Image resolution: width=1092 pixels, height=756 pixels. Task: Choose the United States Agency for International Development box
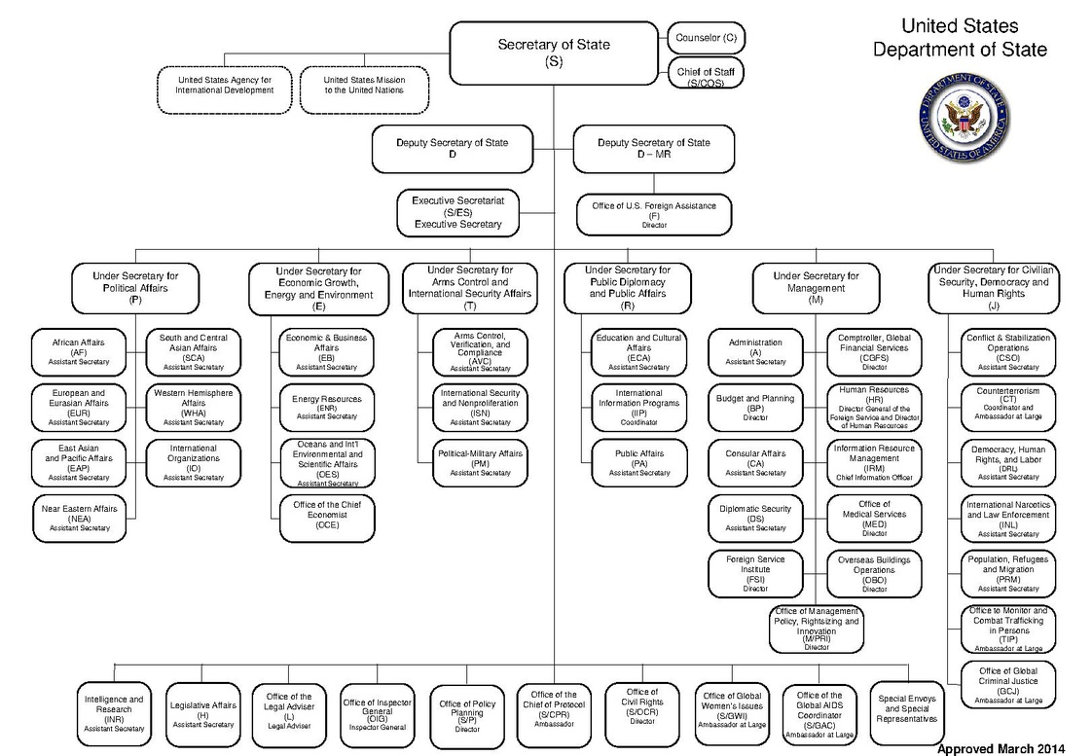point(225,85)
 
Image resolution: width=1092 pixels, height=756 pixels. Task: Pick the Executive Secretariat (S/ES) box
point(464,212)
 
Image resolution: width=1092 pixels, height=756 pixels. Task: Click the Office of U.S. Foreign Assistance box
point(654,212)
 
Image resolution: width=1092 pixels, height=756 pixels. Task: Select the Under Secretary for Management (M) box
point(816,288)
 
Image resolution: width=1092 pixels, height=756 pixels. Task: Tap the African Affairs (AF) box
point(80,350)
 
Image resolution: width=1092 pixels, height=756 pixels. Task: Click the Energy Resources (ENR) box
point(327,406)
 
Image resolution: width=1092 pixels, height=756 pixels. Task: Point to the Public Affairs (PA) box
point(639,462)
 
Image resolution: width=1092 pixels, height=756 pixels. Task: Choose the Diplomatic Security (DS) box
point(755,517)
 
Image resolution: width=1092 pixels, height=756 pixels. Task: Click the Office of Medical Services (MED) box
point(874,517)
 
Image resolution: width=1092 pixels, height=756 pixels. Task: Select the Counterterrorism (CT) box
point(1008,404)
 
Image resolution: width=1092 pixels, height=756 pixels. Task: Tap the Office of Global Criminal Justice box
point(1008,684)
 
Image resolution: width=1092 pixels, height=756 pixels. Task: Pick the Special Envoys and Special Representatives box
point(908,708)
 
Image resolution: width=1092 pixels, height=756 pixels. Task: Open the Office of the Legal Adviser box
point(289,710)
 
